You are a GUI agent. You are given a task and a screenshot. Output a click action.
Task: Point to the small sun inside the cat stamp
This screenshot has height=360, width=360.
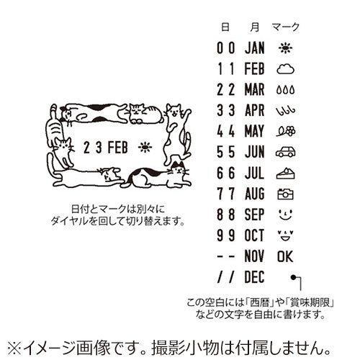(x=146, y=148)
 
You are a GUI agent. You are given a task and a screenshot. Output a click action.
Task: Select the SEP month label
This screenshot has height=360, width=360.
(x=255, y=215)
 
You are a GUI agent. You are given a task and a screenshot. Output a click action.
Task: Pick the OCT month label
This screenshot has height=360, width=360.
(x=255, y=235)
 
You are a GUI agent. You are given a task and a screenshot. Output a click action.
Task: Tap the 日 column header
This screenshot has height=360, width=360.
(x=225, y=27)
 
